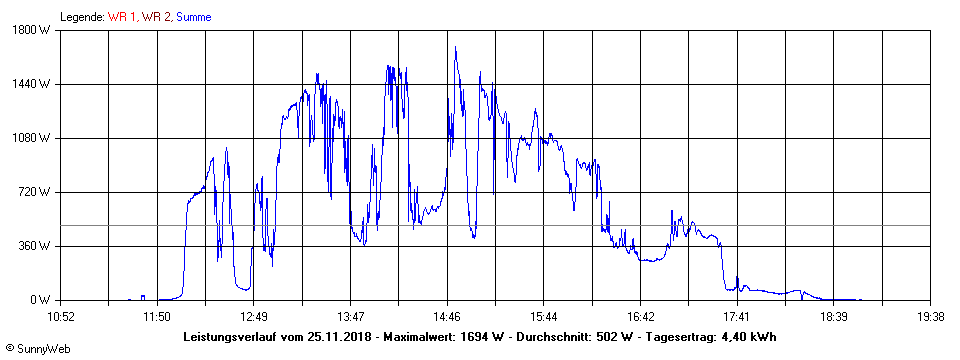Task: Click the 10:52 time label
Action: point(61,317)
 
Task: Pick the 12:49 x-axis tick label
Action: point(253,317)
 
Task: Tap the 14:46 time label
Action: point(447,317)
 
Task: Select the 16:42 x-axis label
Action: point(641,317)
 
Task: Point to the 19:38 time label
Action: point(931,317)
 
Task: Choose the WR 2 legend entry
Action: point(156,16)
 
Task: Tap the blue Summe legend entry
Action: point(194,16)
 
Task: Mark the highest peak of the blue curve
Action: point(455,47)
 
